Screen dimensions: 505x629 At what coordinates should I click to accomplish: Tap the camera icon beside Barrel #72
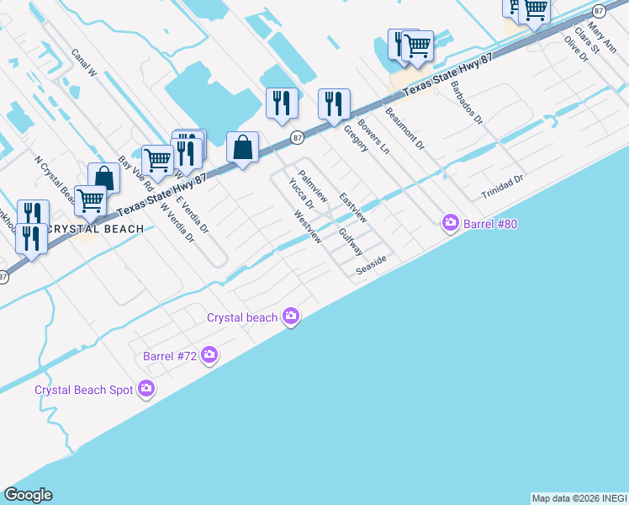pos(209,356)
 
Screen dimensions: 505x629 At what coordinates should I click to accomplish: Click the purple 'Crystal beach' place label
pos(242,317)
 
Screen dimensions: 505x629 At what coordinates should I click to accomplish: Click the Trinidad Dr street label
pos(502,187)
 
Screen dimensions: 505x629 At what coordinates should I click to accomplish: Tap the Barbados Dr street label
pos(466,103)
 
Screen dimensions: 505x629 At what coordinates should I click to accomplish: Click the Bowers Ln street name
pos(373,136)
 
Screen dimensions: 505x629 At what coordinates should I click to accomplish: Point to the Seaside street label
pos(370,264)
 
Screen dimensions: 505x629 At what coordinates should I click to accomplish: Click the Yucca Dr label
pos(300,193)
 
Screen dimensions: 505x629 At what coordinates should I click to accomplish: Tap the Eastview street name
pos(353,208)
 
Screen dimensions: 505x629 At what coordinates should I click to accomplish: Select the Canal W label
pos(85,63)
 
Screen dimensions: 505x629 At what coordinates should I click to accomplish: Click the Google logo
pos(28,495)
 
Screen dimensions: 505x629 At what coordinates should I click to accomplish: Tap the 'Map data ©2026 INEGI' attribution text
pos(579,498)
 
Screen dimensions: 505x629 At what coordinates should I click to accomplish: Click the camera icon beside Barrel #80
pos(451,222)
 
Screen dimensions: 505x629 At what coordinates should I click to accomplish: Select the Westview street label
pos(307,226)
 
